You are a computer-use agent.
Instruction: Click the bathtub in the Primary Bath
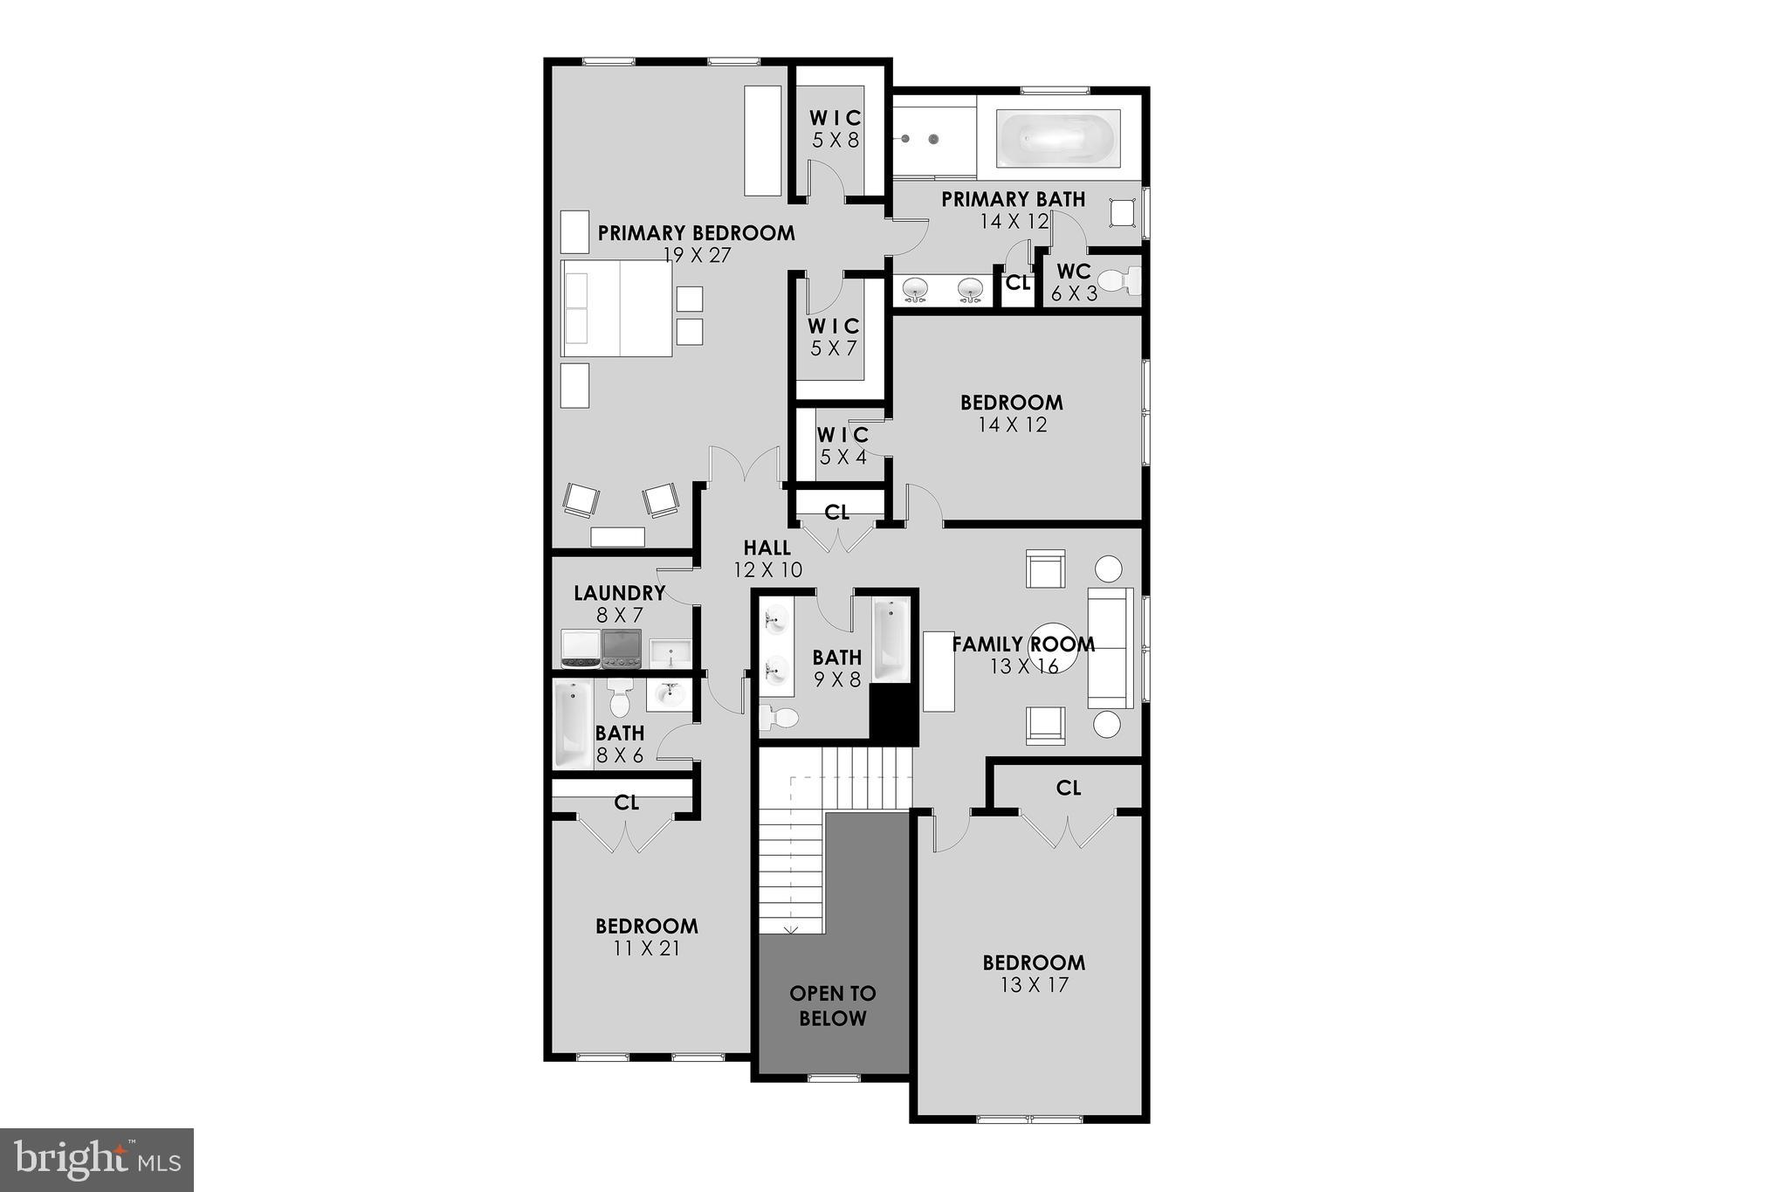(x=1058, y=139)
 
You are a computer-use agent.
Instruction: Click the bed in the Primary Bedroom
(x=617, y=308)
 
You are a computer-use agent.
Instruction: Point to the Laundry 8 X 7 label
(x=619, y=603)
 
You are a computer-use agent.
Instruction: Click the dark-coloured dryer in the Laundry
(x=622, y=648)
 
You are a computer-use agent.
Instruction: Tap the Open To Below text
(x=833, y=1005)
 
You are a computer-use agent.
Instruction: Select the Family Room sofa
(x=1110, y=647)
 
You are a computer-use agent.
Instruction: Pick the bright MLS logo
(x=97, y=1159)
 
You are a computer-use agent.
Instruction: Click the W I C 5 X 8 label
(x=836, y=128)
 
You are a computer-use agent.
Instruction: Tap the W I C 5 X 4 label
(x=842, y=445)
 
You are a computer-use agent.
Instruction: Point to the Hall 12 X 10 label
(x=767, y=559)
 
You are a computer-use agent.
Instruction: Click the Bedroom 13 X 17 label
(x=1034, y=974)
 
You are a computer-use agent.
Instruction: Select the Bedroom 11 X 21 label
(x=646, y=937)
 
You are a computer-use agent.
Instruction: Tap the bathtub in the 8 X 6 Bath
(x=573, y=724)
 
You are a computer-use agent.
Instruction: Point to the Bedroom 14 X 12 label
(x=1012, y=413)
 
